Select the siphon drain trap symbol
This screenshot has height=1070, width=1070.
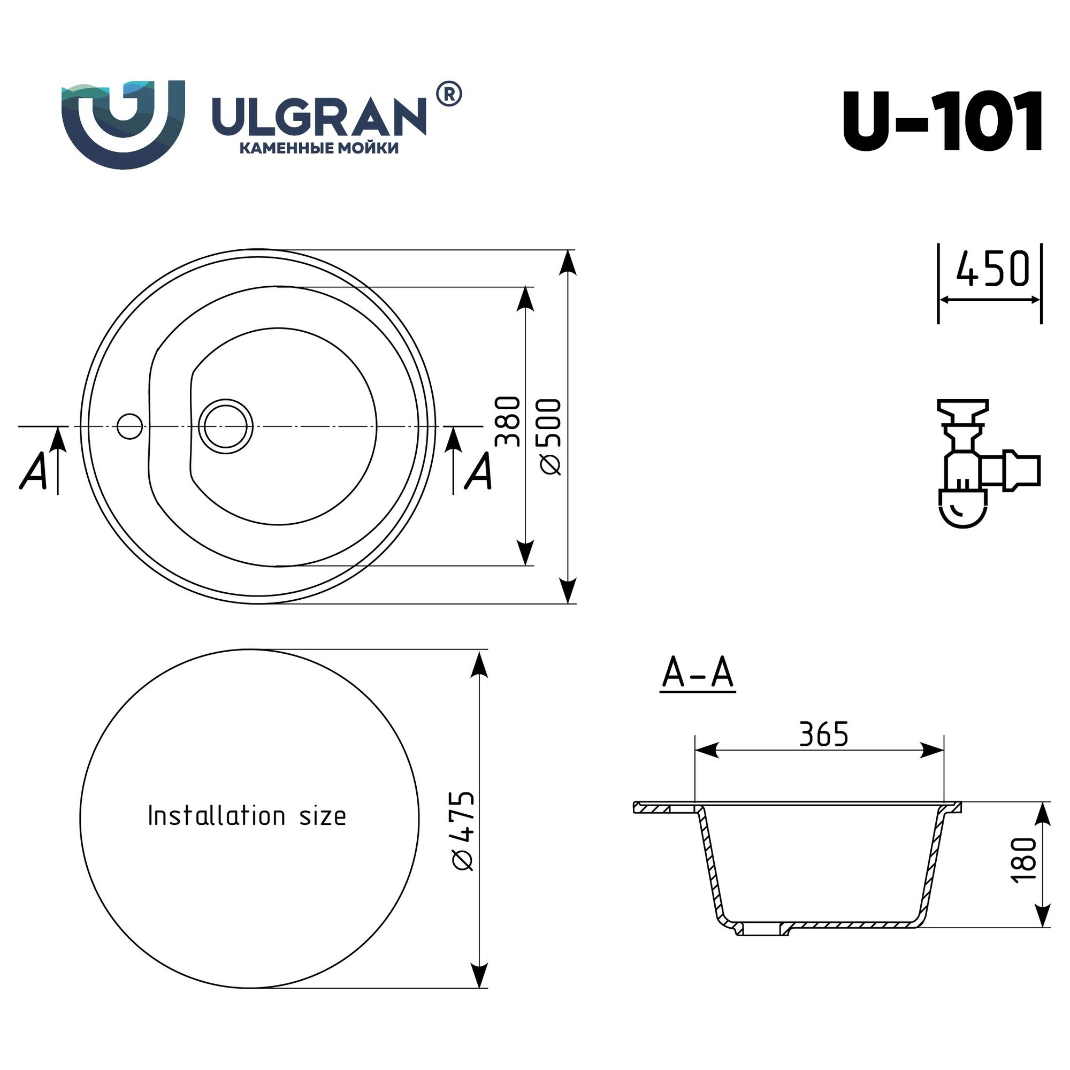click(988, 462)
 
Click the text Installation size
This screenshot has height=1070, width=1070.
click(247, 816)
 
